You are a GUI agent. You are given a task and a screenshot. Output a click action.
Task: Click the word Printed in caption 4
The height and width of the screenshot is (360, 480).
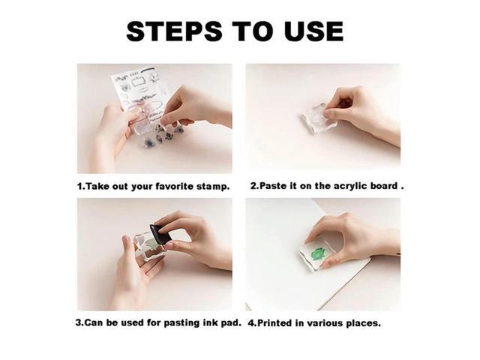(277, 323)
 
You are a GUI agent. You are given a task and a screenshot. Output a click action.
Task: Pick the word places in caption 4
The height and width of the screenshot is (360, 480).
(363, 323)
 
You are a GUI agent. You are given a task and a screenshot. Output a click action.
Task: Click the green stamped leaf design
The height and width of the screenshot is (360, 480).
(317, 255)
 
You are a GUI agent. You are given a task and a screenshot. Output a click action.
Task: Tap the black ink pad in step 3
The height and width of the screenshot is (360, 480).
(160, 233)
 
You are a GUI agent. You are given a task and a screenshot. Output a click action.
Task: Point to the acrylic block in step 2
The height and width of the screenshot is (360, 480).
(316, 119)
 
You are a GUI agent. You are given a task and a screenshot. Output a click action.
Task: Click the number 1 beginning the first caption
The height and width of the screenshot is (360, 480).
(79, 185)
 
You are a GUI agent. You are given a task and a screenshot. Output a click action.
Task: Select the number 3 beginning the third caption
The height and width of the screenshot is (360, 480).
(79, 323)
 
